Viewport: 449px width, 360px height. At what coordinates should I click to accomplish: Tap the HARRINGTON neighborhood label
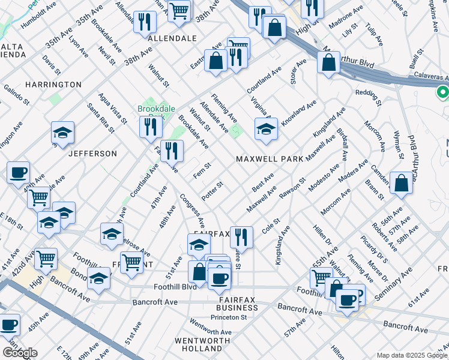[53, 85]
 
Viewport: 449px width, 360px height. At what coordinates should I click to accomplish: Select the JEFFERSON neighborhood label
[92, 154]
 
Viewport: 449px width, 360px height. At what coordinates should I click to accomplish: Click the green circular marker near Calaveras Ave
[443, 92]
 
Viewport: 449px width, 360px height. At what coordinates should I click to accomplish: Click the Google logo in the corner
[20, 352]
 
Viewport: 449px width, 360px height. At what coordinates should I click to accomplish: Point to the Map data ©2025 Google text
[412, 355]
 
